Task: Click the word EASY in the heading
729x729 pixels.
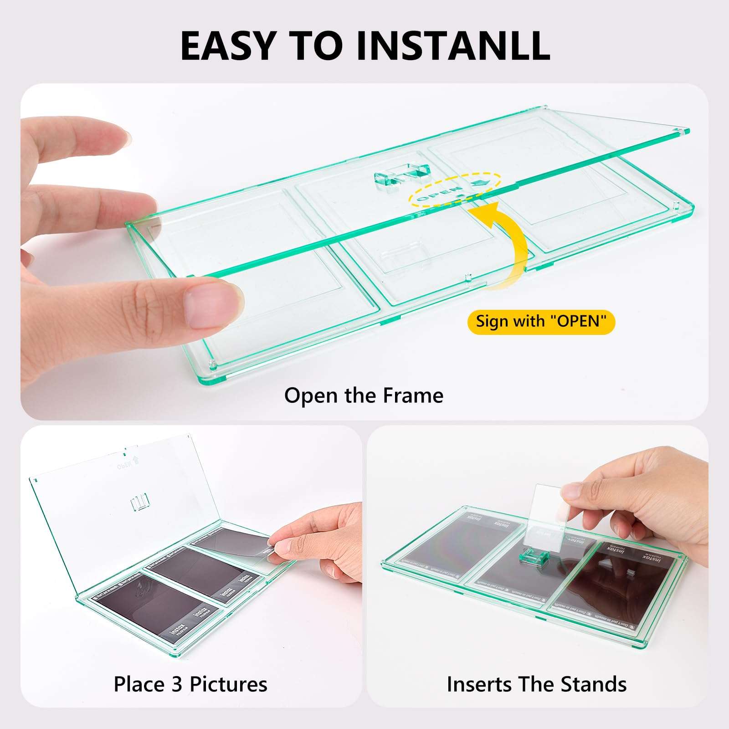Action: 228,46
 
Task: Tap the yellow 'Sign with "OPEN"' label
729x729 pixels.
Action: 541,322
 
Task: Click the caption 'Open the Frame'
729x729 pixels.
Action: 364,395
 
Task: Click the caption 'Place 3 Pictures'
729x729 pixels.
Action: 190,684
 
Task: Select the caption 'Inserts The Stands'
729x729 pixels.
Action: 537,684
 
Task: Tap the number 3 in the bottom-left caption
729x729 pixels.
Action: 177,684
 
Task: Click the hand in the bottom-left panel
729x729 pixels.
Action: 319,547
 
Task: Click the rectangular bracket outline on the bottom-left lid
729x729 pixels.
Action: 140,504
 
